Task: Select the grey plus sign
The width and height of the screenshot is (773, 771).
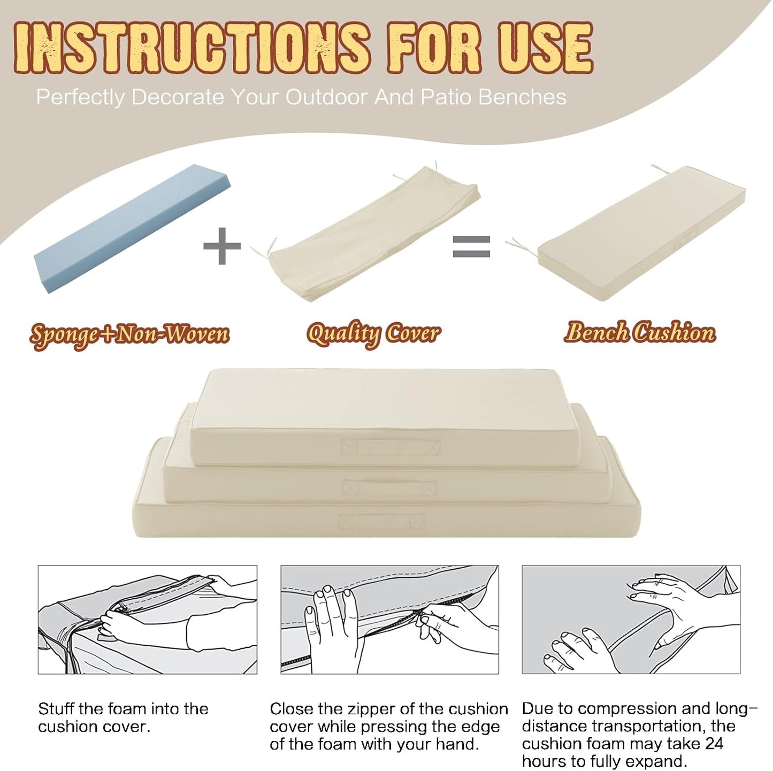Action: click(222, 246)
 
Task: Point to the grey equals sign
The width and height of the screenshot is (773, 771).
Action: click(471, 247)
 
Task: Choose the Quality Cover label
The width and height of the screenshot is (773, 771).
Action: click(373, 334)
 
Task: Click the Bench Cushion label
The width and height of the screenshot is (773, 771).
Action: click(640, 333)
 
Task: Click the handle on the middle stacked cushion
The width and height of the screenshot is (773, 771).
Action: click(389, 488)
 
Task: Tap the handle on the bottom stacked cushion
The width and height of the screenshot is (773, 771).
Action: click(380, 522)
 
